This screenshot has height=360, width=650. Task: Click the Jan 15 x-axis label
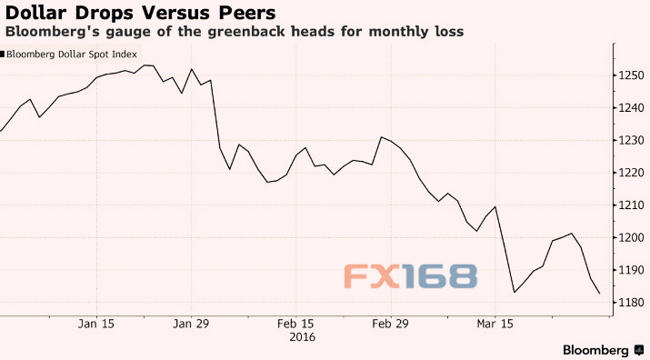point(95,323)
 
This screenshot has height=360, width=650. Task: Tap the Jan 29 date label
point(191,323)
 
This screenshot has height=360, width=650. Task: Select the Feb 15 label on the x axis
point(295,323)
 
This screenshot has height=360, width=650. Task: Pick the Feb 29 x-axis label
point(390,323)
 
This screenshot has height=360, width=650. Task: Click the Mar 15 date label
point(495,323)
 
